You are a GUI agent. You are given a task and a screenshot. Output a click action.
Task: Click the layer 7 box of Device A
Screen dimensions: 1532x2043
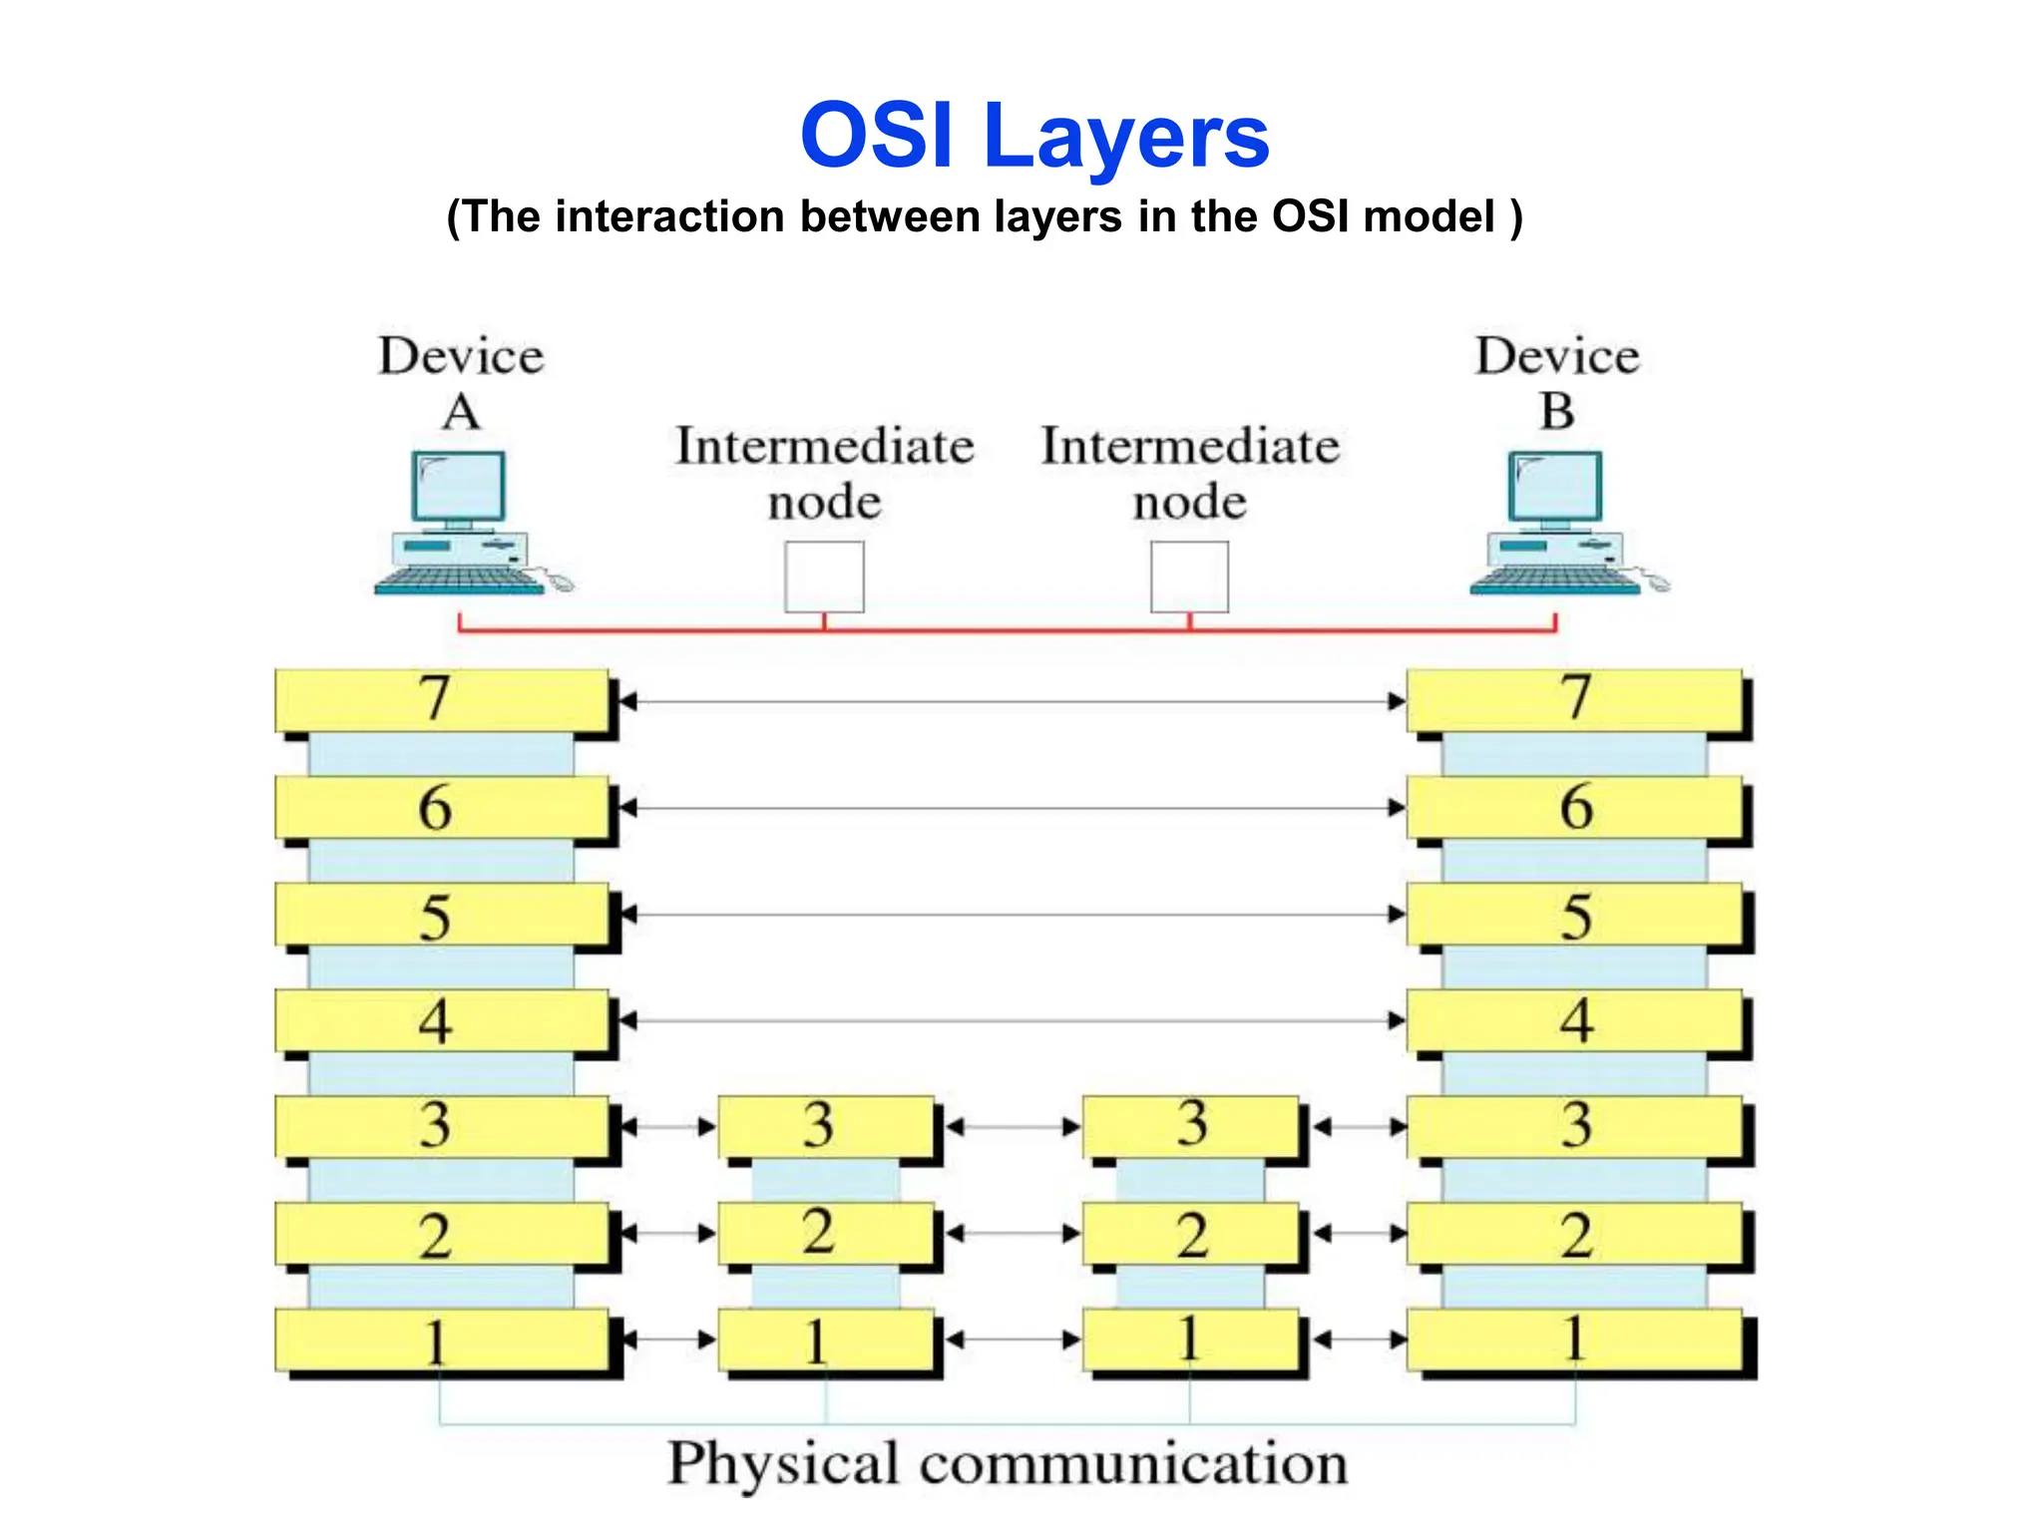pyautogui.click(x=441, y=700)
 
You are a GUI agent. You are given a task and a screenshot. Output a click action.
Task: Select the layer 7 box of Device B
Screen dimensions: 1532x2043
pyautogui.click(x=1574, y=700)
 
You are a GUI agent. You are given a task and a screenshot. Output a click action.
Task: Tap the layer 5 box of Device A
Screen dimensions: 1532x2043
pyautogui.click(x=441, y=915)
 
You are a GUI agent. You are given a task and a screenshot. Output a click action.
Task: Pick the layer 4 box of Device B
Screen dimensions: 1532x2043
pyautogui.click(x=1574, y=1020)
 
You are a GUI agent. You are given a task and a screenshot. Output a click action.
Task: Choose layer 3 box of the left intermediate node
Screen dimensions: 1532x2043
pyautogui.click(x=825, y=1127)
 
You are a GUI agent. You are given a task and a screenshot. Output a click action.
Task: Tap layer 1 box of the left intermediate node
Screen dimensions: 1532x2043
pyautogui.click(x=825, y=1340)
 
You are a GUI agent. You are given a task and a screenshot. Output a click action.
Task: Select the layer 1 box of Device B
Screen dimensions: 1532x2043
pyautogui.click(x=1574, y=1340)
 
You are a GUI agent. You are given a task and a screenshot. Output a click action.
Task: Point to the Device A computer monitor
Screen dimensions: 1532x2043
pyautogui.click(x=458, y=487)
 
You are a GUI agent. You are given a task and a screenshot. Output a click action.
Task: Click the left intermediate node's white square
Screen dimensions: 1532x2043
pyautogui.click(x=824, y=576)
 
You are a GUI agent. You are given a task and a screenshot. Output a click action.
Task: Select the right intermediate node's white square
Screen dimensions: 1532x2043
pyautogui.click(x=1189, y=576)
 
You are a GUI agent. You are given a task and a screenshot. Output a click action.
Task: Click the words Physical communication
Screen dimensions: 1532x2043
pyautogui.click(x=1008, y=1464)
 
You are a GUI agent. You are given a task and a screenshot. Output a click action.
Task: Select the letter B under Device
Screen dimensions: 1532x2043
pyautogui.click(x=1556, y=411)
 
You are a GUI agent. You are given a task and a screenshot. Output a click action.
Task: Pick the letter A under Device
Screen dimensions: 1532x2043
pyautogui.click(x=461, y=411)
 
